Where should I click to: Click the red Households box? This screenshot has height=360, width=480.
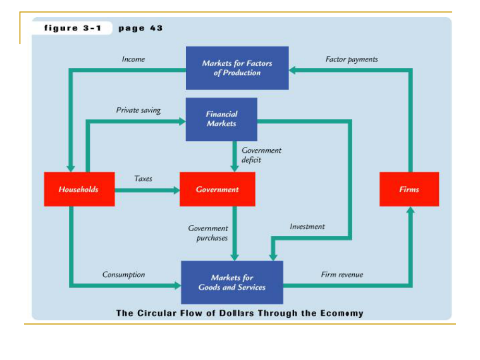(x=79, y=189)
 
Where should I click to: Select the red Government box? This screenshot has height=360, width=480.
(x=217, y=189)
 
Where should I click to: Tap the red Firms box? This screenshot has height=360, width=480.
(x=409, y=189)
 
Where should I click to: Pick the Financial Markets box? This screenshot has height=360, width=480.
(x=221, y=119)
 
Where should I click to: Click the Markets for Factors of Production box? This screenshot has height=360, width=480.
(x=237, y=68)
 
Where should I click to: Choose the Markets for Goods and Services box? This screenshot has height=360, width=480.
(x=232, y=282)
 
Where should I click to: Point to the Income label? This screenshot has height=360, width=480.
(x=133, y=59)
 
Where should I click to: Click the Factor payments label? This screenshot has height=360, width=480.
(x=352, y=59)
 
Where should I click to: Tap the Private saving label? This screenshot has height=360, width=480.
(x=138, y=110)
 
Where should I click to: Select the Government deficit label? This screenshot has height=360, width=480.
(x=261, y=155)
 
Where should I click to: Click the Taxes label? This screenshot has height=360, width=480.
(x=143, y=178)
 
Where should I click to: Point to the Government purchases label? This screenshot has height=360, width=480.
(x=208, y=233)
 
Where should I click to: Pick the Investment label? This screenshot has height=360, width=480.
(x=307, y=226)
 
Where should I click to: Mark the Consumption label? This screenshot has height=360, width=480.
(x=124, y=274)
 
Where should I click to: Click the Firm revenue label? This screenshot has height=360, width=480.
(x=342, y=274)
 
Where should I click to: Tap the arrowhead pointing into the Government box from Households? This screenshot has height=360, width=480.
(x=176, y=190)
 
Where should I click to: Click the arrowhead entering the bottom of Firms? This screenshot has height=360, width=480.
(x=410, y=210)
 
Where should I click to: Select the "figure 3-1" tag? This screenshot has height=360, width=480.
(x=72, y=28)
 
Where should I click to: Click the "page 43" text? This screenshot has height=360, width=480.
(x=140, y=28)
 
